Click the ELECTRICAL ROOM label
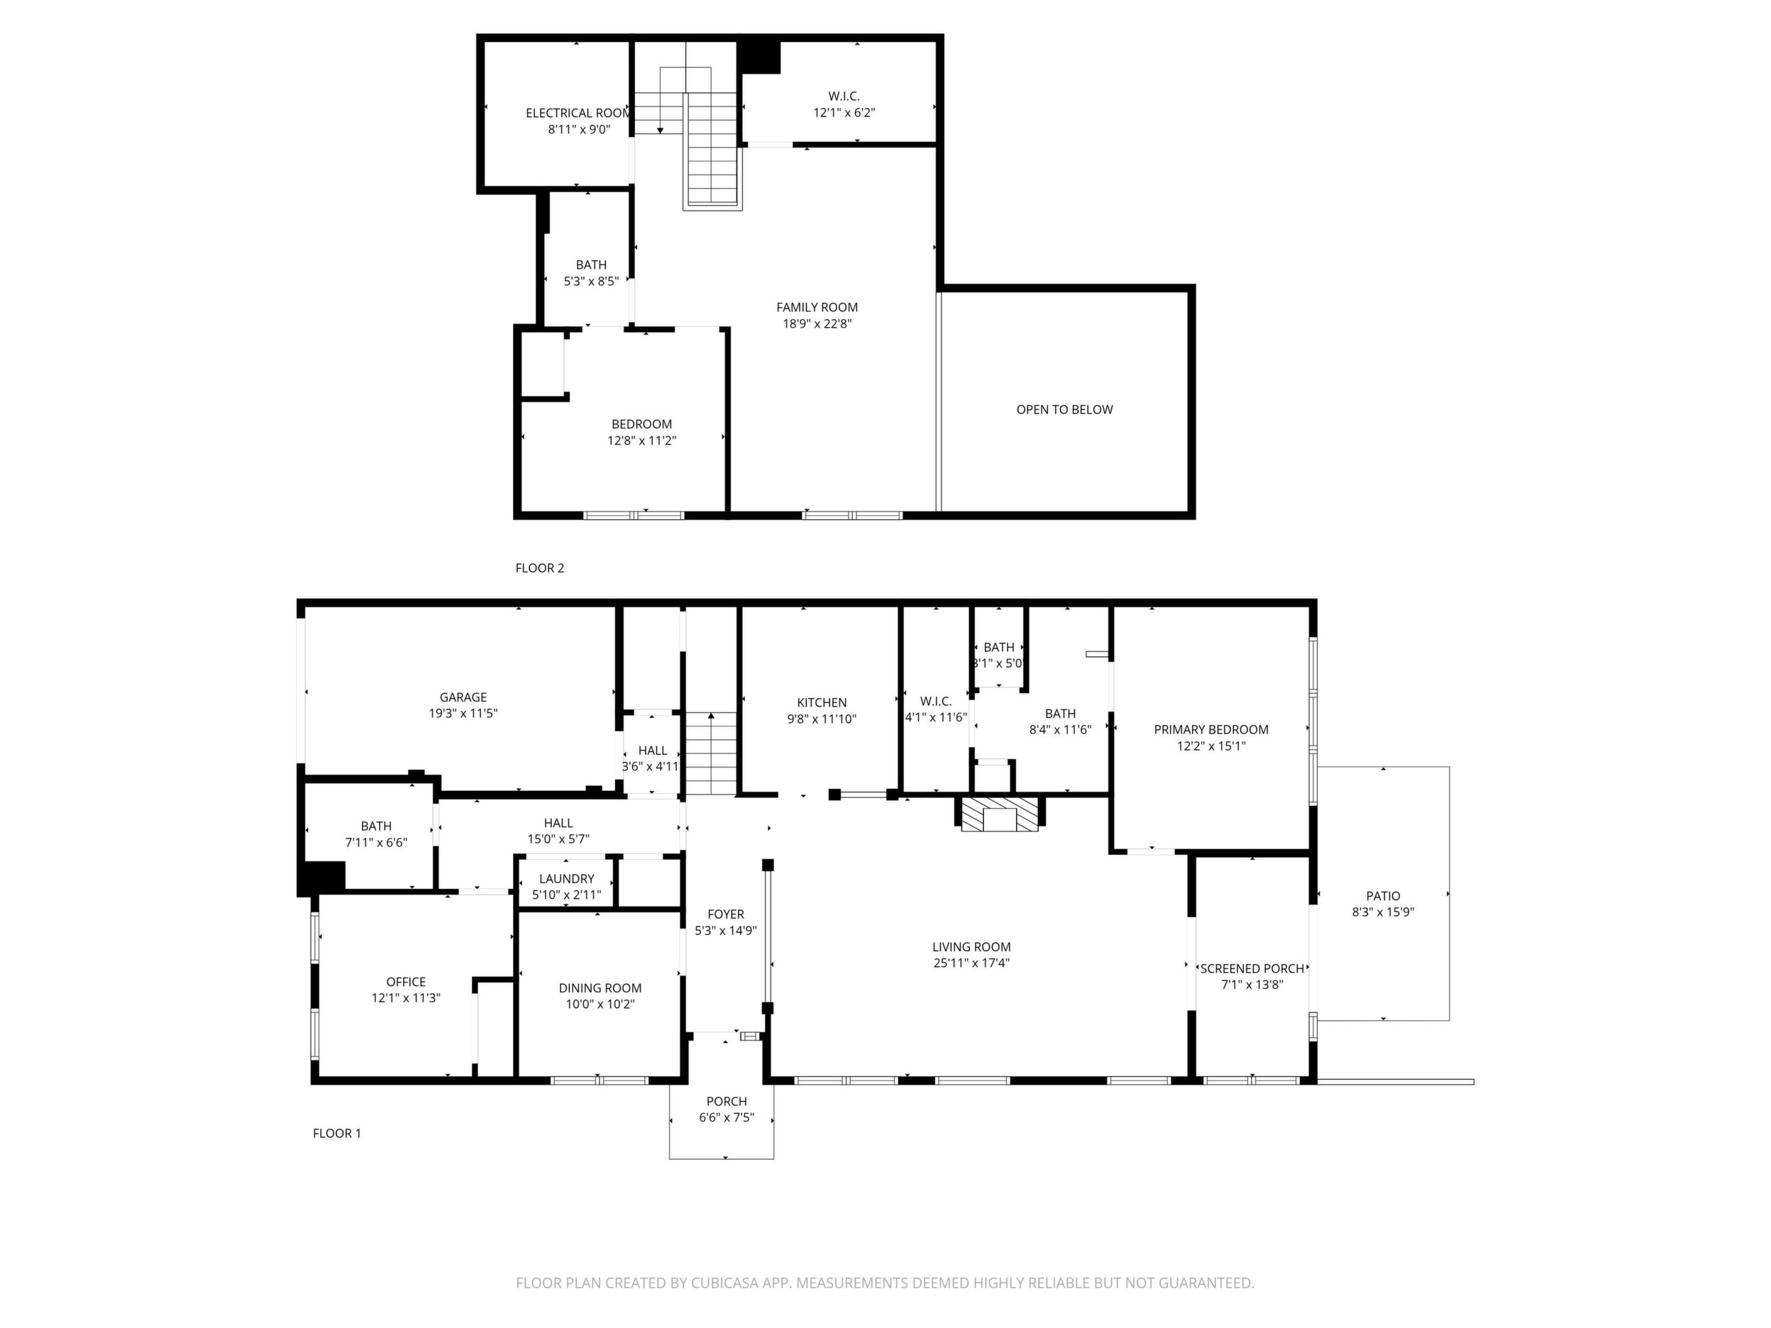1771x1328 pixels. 578,113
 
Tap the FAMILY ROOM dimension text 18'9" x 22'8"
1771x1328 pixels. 817,324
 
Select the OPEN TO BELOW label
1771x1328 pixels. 1064,410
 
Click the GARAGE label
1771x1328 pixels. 463,697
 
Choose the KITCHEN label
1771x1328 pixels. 822,703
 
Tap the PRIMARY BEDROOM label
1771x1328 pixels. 1210,729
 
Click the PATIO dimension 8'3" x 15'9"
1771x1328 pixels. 1383,912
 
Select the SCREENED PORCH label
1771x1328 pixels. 1252,968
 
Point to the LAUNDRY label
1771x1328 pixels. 566,879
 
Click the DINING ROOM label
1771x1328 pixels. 600,987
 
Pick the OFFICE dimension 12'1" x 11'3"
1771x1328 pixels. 406,998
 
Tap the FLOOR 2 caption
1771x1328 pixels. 540,568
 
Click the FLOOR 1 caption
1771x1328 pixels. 336,1134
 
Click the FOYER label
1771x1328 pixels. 725,914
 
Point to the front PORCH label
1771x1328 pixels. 726,1102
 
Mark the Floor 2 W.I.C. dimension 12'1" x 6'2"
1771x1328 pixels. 844,113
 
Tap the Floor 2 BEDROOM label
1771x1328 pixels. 641,424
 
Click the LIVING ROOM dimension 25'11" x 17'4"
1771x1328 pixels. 971,963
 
